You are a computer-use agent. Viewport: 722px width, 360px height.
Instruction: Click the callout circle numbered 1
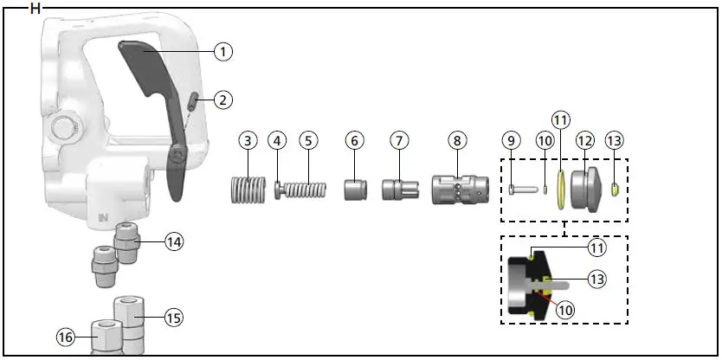[223, 52]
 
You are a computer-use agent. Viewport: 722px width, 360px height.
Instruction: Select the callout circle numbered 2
[223, 100]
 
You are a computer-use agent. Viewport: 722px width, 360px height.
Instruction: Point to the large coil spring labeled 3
[248, 188]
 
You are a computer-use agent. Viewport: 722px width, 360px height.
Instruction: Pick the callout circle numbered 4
[277, 140]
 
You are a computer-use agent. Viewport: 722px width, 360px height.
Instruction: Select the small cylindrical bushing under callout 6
[355, 188]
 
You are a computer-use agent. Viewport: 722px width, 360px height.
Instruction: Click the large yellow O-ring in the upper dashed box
[564, 189]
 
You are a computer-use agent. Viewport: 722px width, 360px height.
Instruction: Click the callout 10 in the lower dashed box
[566, 309]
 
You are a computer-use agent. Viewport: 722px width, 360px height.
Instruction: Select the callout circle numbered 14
[175, 241]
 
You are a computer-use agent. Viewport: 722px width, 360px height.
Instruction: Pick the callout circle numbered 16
[65, 337]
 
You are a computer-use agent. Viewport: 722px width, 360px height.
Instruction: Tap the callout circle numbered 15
[173, 318]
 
